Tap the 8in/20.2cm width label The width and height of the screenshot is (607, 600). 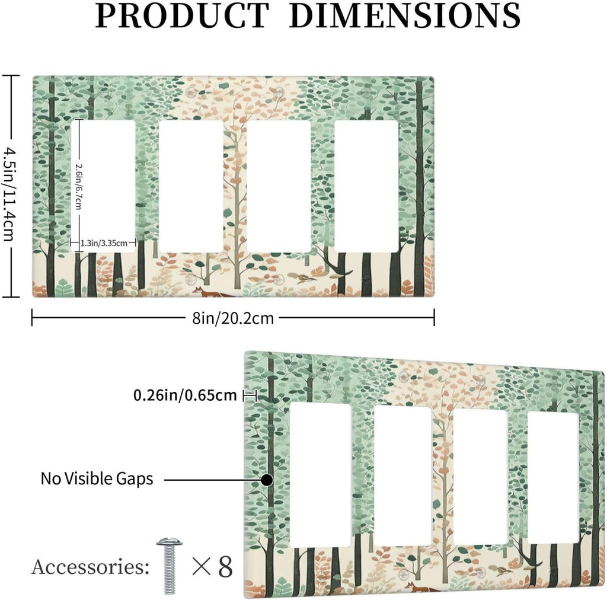coord(233,318)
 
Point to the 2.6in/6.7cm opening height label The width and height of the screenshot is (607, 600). coord(79,186)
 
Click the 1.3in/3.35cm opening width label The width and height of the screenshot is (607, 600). coord(104,243)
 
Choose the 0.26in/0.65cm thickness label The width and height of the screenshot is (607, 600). coord(185,395)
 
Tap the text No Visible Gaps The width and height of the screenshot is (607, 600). coord(97,479)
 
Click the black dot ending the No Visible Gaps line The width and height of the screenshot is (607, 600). coord(266,480)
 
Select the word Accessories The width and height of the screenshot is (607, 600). coord(90,567)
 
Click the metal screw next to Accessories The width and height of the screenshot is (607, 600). coord(170,566)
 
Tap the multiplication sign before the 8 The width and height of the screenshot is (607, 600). coord(202,567)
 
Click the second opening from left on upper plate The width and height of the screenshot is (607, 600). coord(191,187)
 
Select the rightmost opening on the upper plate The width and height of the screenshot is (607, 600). coord(366,187)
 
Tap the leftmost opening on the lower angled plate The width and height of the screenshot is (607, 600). coord(320,474)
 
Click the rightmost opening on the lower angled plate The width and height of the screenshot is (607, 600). coord(554,478)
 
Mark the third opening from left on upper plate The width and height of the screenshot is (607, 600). coord(279,187)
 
